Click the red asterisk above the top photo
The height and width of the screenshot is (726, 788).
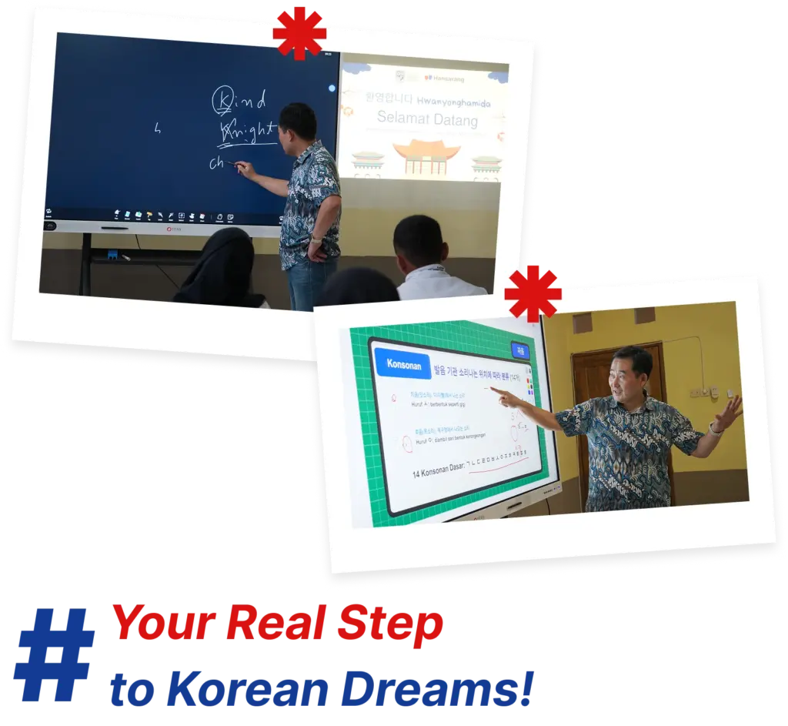point(299,32)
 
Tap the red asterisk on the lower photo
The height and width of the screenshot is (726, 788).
point(533,293)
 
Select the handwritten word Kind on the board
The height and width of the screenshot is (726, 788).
point(239,99)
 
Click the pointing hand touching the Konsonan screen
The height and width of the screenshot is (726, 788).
point(503,398)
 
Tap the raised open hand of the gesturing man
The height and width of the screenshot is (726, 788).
point(727,413)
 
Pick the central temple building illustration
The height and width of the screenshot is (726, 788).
point(430,159)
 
